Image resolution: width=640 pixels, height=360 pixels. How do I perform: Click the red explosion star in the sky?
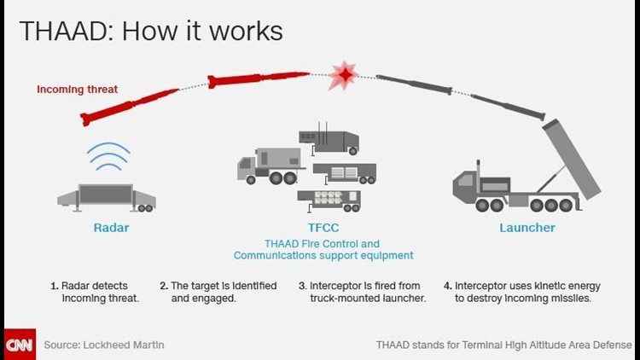pyautogui.click(x=342, y=77)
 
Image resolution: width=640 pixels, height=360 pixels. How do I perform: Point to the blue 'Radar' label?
pyautogui.click(x=110, y=228)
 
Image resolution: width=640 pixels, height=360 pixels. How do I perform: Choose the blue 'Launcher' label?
pyautogui.click(x=527, y=228)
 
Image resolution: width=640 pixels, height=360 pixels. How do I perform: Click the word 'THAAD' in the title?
pyautogui.click(x=52, y=32)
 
